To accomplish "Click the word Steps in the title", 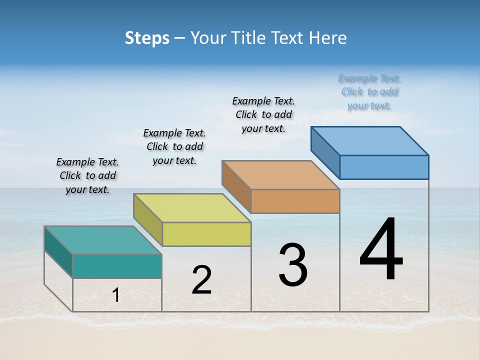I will [146, 38].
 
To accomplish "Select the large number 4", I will [381, 250].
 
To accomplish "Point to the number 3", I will [292, 265].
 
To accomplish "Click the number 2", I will [201, 280].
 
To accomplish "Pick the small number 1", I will [116, 295].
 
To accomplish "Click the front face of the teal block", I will [117, 266].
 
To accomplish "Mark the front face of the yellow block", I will [206, 234].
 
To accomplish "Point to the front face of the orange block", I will [295, 201].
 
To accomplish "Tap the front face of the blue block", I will [384, 167].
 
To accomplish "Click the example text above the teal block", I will [87, 175].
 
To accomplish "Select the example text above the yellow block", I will [174, 146].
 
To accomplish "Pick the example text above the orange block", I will [263, 114].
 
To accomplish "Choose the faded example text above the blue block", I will [369, 91].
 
